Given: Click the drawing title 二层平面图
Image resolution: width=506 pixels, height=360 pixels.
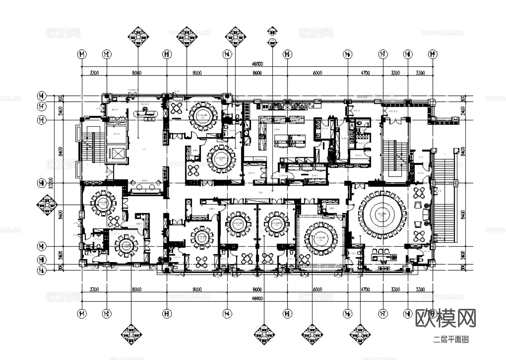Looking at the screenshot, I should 451,340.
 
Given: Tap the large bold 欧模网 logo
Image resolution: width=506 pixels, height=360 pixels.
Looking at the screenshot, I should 445,318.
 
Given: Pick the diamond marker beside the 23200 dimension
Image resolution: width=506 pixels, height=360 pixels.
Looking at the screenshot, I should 47,205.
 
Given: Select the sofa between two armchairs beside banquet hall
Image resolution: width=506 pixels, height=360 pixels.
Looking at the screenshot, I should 426,215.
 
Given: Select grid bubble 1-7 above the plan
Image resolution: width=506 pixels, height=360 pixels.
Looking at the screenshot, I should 383,54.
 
